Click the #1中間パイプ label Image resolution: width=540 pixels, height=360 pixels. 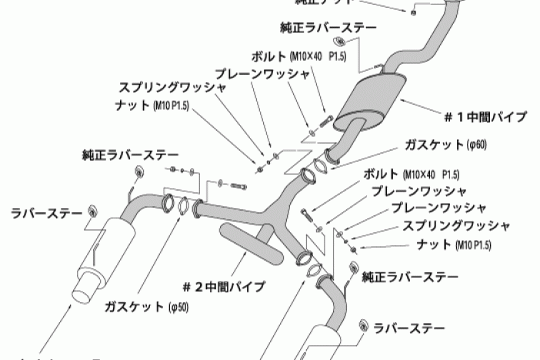click(x=485, y=117)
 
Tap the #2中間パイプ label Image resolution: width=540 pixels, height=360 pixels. click(x=224, y=287)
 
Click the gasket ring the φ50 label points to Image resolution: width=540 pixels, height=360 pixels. click(x=183, y=206)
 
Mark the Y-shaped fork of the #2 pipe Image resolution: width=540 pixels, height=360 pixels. click(x=271, y=210)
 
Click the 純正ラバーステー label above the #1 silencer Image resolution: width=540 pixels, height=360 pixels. click(x=329, y=28)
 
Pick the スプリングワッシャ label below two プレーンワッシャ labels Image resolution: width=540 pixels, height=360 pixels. click(x=456, y=227)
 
